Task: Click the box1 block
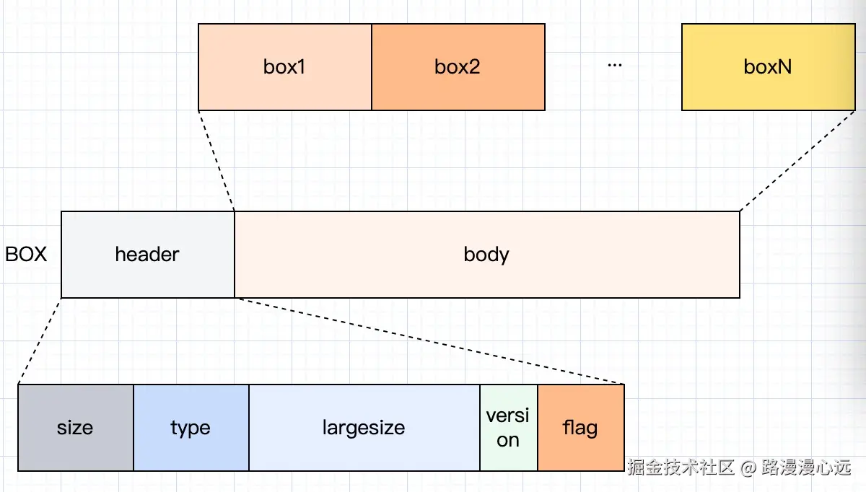[x=284, y=67]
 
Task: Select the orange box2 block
[x=458, y=67]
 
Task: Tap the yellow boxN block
[x=768, y=67]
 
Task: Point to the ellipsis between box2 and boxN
[x=614, y=65]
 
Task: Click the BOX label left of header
[x=26, y=255]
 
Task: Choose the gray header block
[x=147, y=255]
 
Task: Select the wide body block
[x=486, y=255]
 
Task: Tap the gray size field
[x=75, y=428]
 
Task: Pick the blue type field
[x=191, y=428]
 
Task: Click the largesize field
[x=364, y=428]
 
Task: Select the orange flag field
[x=580, y=428]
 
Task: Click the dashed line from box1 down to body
[x=216, y=161]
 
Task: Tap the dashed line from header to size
[x=40, y=341]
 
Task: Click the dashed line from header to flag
[x=429, y=341]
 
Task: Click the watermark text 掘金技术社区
[x=681, y=467]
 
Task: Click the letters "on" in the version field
[x=508, y=440]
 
